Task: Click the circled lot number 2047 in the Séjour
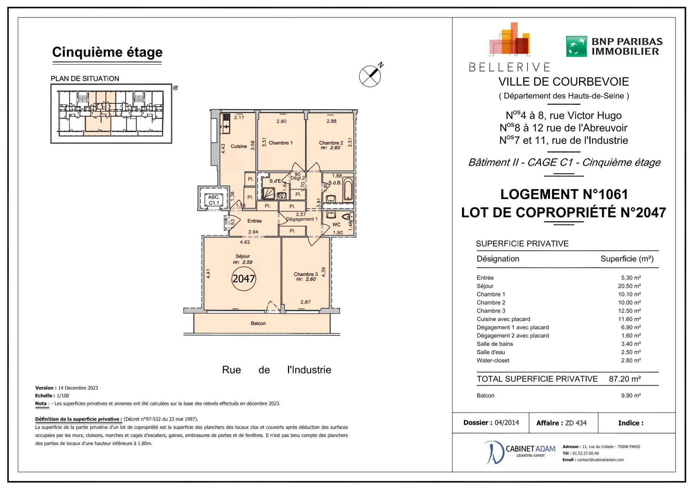click(x=244, y=278)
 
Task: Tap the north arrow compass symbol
click(x=370, y=76)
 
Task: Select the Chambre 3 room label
click(x=306, y=274)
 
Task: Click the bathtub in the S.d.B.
click(x=348, y=189)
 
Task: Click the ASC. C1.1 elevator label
click(x=214, y=200)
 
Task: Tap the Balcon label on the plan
click(x=258, y=323)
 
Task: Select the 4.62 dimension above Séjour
click(x=245, y=242)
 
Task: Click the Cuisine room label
click(x=239, y=146)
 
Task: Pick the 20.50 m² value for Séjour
click(x=629, y=286)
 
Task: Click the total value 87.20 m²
click(x=625, y=379)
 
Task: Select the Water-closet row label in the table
click(x=493, y=360)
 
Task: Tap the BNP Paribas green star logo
click(x=576, y=46)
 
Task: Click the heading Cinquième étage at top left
click(x=107, y=52)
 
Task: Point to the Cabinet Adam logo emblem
click(x=493, y=452)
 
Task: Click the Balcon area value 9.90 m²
click(x=631, y=395)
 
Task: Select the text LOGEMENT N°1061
click(x=564, y=194)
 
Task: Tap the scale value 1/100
click(x=63, y=395)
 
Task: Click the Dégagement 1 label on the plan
click(x=302, y=219)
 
